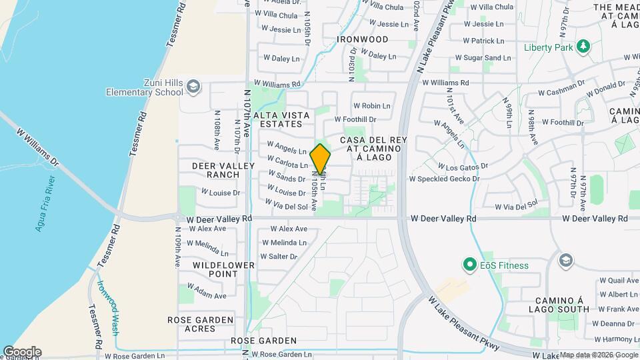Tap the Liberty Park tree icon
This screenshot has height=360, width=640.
point(584,46)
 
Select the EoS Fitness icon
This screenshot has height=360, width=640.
point(470,265)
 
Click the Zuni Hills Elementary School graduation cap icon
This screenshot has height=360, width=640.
point(193,87)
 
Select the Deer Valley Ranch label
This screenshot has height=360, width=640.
point(215,170)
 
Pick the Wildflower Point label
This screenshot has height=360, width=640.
point(215,269)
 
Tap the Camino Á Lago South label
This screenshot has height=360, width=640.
point(559,304)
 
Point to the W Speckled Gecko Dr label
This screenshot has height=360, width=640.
point(444,179)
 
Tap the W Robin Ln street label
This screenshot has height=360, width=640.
point(371,106)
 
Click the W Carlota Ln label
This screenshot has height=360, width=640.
point(287,162)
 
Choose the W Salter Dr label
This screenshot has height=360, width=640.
point(279,257)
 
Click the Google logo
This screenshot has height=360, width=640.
point(22,351)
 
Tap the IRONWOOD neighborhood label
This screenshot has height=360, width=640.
point(363,39)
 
